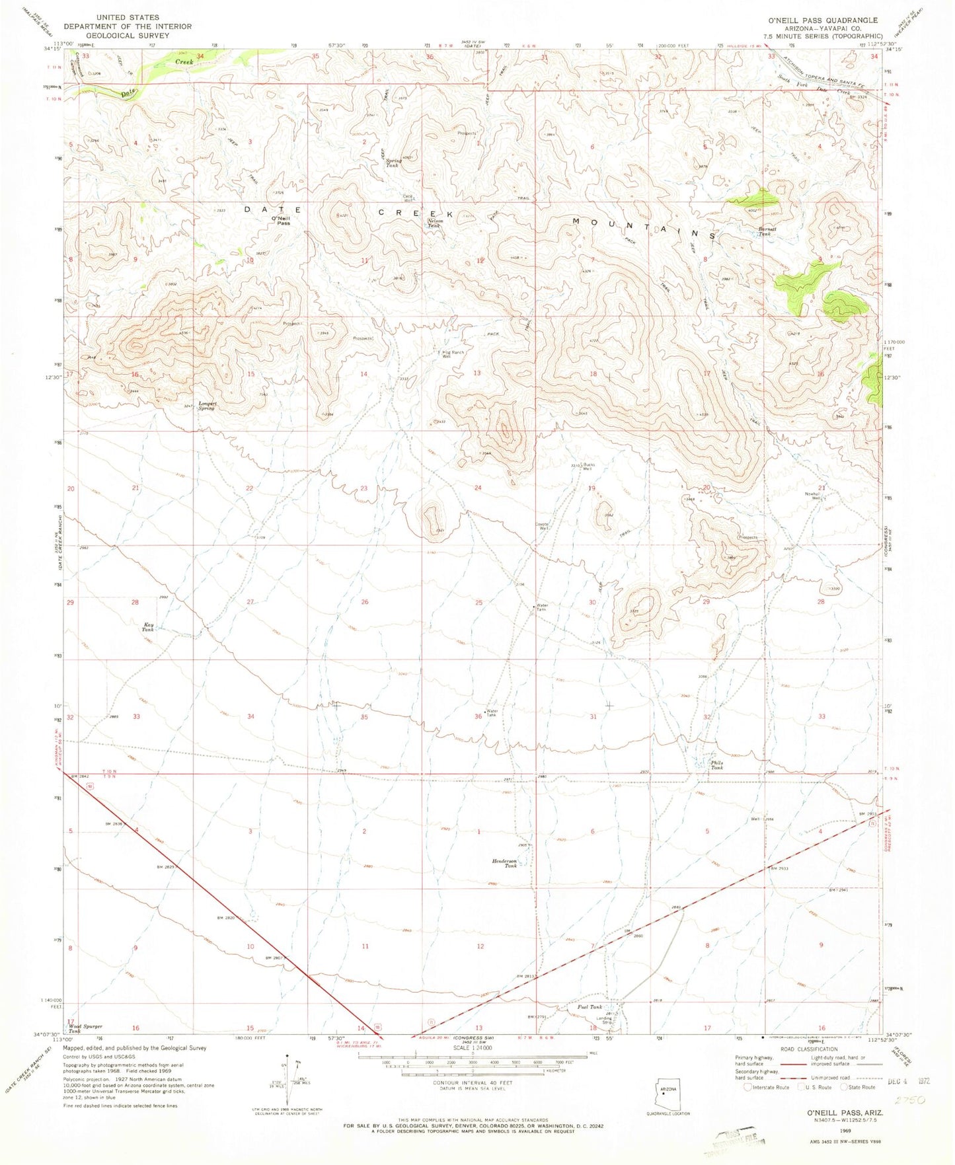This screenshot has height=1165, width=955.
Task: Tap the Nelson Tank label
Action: (x=434, y=223)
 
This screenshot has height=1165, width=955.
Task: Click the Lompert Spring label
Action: (x=202, y=406)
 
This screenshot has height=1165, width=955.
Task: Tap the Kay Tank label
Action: (x=148, y=626)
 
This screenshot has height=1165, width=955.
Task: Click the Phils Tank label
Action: (x=717, y=765)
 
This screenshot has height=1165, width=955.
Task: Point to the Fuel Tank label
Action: (x=590, y=1007)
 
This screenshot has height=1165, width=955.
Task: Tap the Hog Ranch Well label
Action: (x=453, y=355)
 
